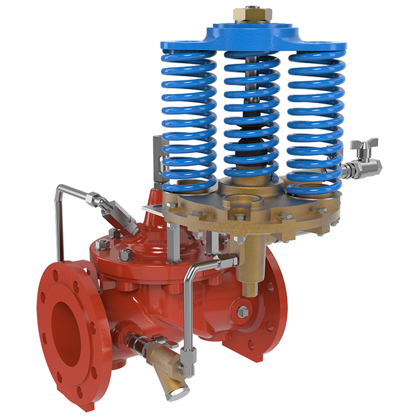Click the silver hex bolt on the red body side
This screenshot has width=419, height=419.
coord(242,312)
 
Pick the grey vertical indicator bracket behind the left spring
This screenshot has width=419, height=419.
coord(156,157)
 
